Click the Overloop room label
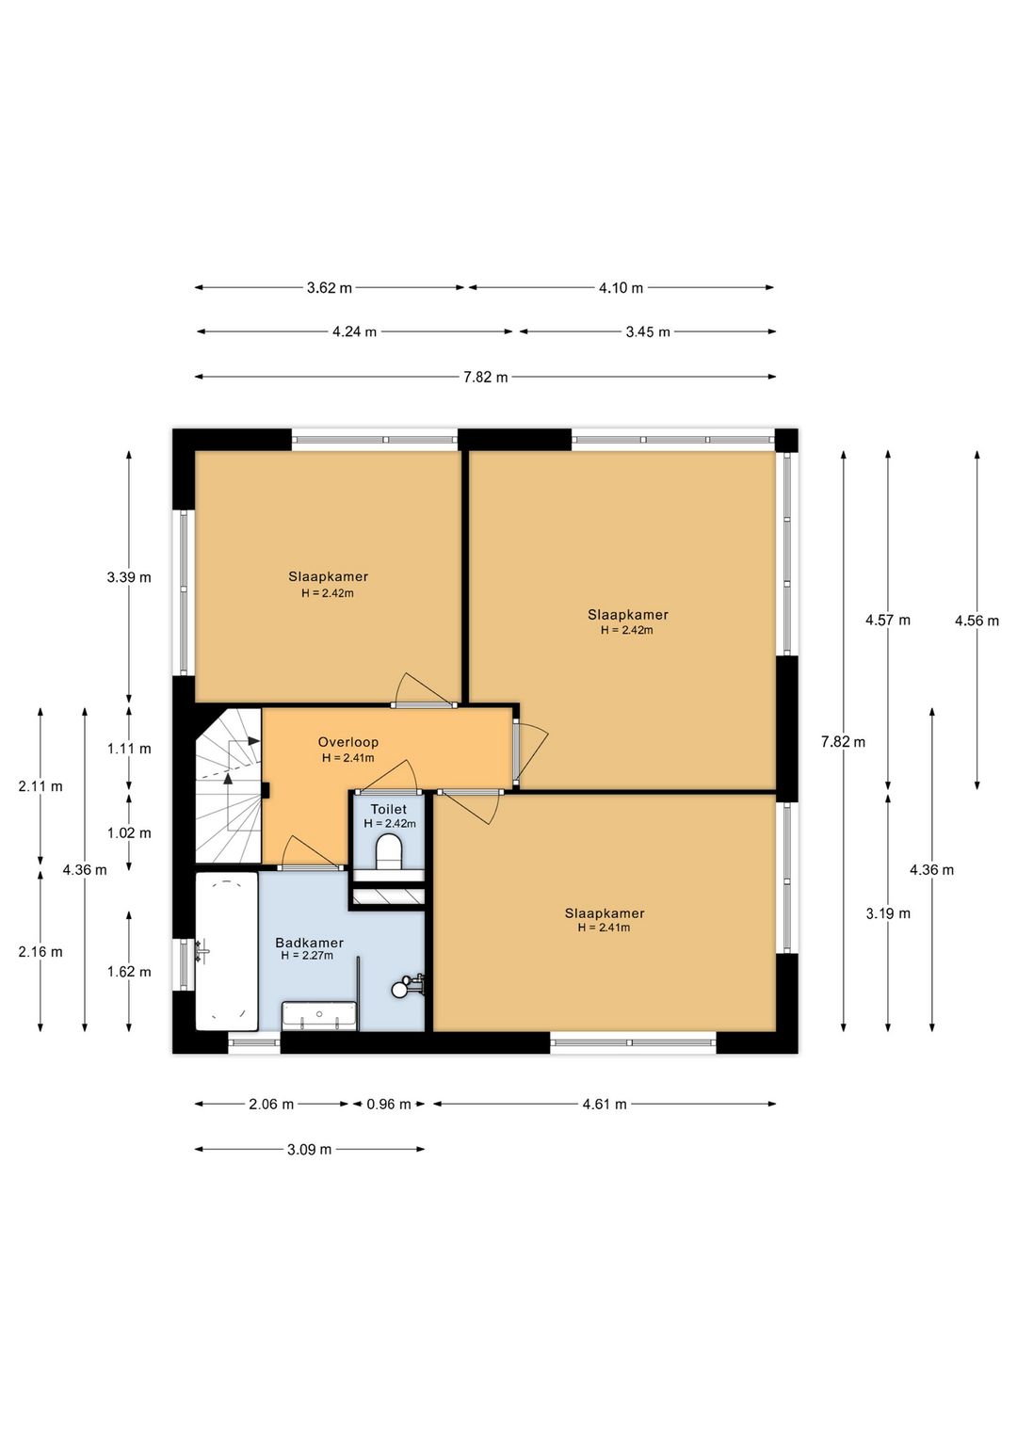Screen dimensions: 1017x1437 point(347,742)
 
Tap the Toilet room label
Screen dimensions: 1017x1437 point(388,810)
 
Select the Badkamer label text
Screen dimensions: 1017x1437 point(309,943)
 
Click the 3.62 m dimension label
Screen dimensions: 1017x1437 point(330,288)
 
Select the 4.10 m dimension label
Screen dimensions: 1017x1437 point(621,288)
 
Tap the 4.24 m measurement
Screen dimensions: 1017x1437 point(353,332)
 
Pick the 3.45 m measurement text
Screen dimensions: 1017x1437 point(648,332)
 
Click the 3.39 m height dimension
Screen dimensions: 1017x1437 point(129,577)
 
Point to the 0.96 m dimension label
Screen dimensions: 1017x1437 point(389,1105)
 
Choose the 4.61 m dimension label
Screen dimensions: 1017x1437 point(604,1105)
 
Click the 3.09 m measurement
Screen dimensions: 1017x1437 point(309,1150)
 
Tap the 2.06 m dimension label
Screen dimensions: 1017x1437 point(271,1105)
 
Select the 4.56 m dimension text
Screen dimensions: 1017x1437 point(977,621)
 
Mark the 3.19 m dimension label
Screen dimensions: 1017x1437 point(888,913)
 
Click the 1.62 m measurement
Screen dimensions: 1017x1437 point(129,972)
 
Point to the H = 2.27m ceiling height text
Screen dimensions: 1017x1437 point(307,956)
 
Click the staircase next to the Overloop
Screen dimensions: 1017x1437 point(229,786)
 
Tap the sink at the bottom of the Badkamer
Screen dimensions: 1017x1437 point(319,1015)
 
